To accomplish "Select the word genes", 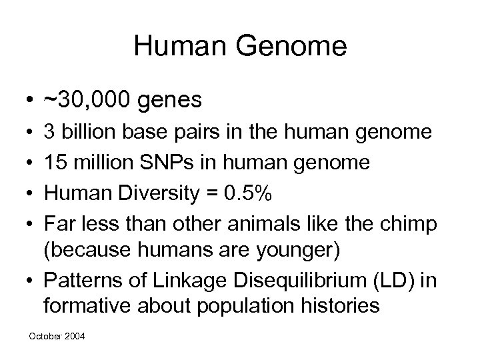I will pyautogui.click(x=171, y=101).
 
